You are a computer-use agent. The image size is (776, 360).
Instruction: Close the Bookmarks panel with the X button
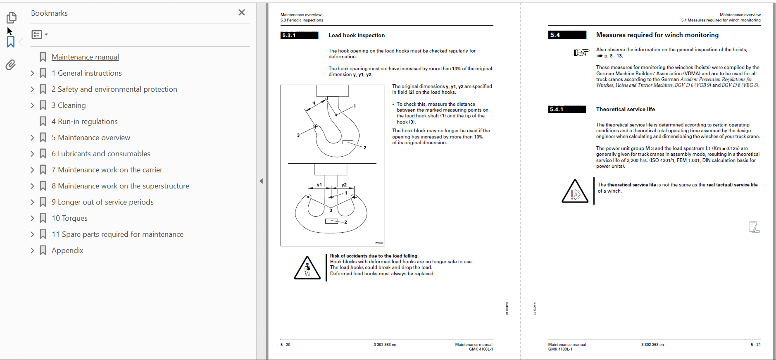(x=242, y=13)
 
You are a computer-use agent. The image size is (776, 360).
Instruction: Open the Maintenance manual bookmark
(x=85, y=57)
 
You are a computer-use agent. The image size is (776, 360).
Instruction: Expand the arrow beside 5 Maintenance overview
(x=32, y=138)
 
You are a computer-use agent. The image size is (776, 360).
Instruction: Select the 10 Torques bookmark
(x=69, y=218)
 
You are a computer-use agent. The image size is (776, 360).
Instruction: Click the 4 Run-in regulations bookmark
(x=84, y=122)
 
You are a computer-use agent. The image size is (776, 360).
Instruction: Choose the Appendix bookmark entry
(x=67, y=250)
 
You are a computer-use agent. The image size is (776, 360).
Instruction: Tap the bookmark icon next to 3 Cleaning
(x=43, y=105)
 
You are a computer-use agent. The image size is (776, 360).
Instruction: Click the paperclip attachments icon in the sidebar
(x=11, y=65)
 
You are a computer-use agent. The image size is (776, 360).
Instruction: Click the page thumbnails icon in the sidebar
(x=11, y=17)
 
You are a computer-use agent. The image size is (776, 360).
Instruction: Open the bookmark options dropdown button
(x=40, y=35)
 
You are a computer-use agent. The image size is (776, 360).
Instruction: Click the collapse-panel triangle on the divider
(x=261, y=181)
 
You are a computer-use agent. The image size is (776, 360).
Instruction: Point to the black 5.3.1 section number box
(x=299, y=36)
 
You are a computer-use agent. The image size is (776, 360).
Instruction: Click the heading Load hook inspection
(x=357, y=36)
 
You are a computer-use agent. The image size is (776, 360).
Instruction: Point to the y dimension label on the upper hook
(x=314, y=103)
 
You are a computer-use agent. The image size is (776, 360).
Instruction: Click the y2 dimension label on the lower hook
(x=344, y=185)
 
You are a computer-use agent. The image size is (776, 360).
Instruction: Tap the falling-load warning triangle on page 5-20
(x=307, y=268)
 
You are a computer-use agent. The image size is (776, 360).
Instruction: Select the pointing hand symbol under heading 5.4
(x=581, y=52)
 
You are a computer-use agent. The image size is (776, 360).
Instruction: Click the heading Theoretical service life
(x=625, y=110)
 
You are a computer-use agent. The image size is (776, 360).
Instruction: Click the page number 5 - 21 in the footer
(x=755, y=345)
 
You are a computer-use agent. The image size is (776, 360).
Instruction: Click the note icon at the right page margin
(x=754, y=227)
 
